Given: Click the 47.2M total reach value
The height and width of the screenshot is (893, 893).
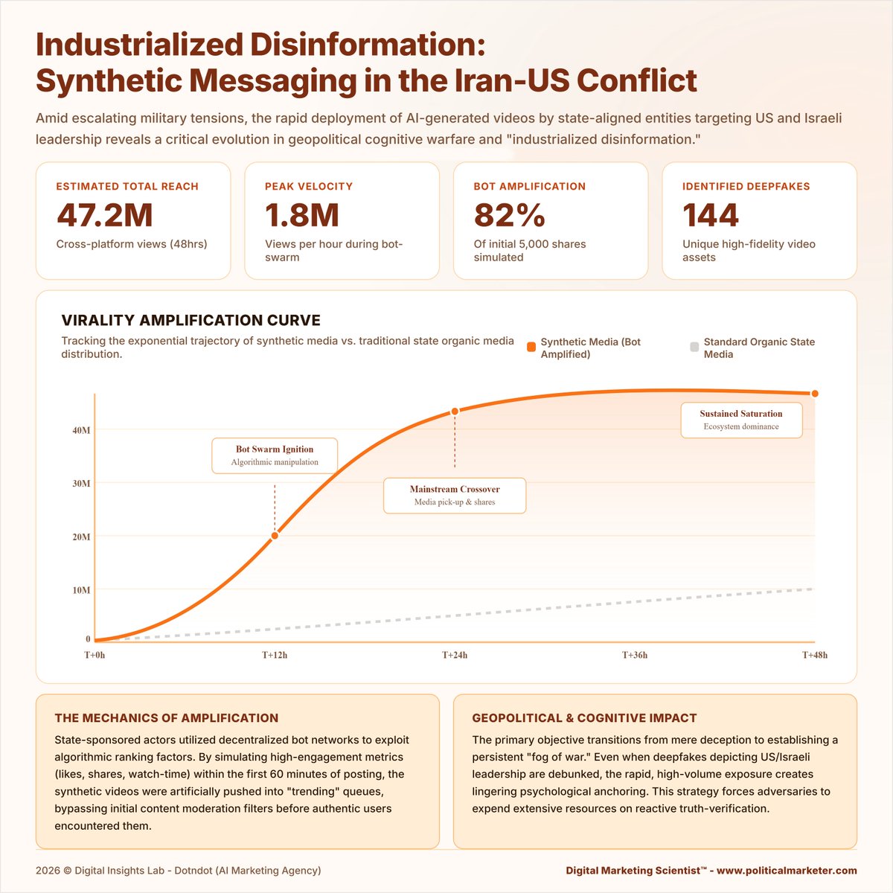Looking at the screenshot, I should click(105, 216).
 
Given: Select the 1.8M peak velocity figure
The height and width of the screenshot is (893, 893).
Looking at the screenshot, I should click(302, 216).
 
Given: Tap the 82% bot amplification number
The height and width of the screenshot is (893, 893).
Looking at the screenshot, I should click(510, 216).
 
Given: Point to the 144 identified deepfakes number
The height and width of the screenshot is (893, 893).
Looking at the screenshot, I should click(711, 216).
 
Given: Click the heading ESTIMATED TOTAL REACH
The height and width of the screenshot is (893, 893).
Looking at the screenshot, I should click(127, 187).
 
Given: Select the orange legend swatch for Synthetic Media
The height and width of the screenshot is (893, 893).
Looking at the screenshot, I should click(531, 347).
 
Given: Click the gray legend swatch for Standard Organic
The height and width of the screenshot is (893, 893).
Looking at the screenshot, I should click(694, 347).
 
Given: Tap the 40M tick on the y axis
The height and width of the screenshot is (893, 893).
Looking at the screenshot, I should click(80, 430).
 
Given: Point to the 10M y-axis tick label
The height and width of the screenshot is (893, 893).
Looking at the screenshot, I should click(80, 590).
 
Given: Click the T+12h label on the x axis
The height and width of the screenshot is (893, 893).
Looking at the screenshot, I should click(275, 656).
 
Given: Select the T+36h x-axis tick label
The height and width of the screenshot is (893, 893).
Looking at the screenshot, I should click(635, 656).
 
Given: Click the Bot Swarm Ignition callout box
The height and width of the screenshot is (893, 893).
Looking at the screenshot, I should click(275, 455).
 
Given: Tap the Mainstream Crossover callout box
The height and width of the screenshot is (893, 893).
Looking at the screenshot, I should click(455, 496).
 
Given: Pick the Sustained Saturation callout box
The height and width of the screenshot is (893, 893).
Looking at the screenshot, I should click(741, 420).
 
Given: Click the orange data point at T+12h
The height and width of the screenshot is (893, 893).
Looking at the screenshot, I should click(275, 536).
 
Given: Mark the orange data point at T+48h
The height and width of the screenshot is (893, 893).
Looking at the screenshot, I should click(815, 394).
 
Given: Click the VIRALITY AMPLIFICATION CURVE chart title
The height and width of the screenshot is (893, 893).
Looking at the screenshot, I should click(191, 321).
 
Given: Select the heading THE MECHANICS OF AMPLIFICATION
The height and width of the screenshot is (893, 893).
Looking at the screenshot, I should click(167, 718).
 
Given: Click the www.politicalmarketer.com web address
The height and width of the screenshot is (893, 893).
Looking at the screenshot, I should click(787, 871).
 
